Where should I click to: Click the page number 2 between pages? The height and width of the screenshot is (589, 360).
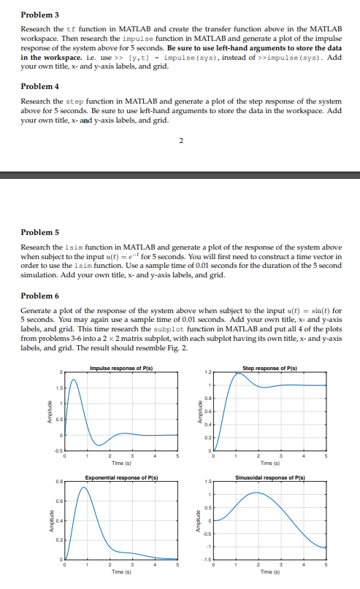click(180, 139)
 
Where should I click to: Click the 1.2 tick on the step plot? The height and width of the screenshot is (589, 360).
click(206, 373)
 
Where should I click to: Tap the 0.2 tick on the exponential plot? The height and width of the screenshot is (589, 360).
click(57, 539)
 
